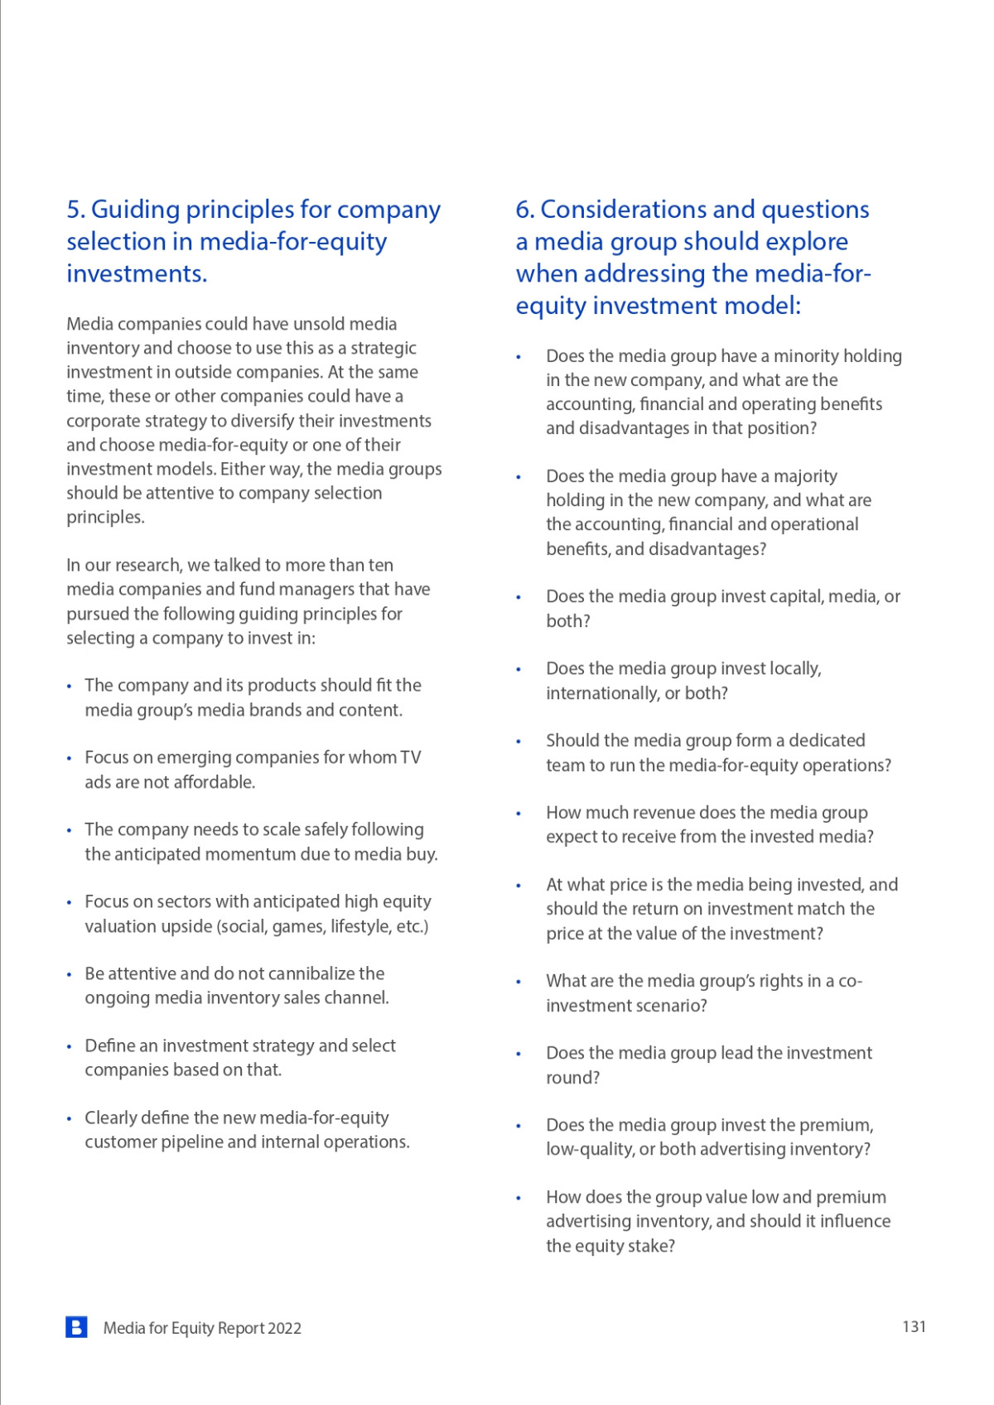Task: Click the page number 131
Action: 914,1326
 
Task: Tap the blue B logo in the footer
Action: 76,1327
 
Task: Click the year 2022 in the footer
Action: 284,1328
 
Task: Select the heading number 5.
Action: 75,210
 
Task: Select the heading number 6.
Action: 524,210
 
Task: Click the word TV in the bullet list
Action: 410,757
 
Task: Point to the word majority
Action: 804,476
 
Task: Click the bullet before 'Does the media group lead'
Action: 519,1054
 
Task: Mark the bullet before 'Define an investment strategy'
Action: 69,1046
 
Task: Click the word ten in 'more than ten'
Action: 381,565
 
